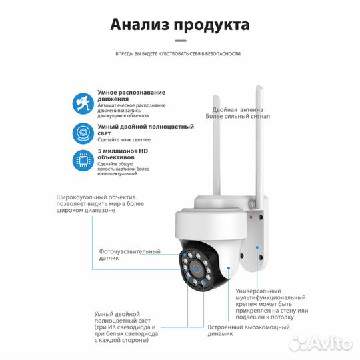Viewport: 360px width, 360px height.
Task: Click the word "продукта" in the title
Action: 212,26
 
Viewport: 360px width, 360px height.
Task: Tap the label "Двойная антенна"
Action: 234,109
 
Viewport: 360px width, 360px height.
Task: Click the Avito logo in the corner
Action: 329,343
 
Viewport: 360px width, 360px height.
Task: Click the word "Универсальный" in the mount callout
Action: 259,291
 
